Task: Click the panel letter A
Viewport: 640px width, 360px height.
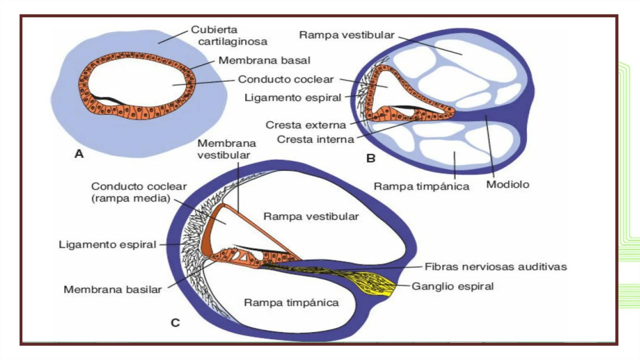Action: (79, 154)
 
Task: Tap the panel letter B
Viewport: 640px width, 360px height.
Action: (371, 158)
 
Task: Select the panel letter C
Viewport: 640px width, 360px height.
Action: (175, 323)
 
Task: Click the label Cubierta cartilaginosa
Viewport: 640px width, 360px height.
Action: (229, 36)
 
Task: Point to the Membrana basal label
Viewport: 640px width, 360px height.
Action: (264, 60)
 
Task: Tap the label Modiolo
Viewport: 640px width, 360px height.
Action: (508, 184)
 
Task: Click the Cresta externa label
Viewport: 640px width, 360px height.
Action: (306, 125)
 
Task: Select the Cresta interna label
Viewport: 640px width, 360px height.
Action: (315, 139)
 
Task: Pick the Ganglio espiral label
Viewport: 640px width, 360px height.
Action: (452, 286)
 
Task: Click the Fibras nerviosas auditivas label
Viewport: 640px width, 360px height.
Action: (496, 267)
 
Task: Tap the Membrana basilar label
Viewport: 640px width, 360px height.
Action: (113, 289)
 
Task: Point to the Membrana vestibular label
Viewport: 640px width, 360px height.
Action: (226, 149)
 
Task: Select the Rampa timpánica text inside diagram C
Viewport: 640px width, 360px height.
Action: (291, 303)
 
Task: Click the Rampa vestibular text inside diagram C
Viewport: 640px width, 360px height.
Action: (311, 216)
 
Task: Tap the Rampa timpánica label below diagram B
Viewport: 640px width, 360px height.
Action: (421, 186)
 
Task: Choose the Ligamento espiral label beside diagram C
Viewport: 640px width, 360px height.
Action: (107, 244)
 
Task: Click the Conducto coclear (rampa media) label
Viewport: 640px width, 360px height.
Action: (139, 192)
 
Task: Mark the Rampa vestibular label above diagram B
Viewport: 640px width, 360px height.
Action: (347, 35)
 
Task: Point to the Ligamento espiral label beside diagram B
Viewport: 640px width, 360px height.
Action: (293, 98)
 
